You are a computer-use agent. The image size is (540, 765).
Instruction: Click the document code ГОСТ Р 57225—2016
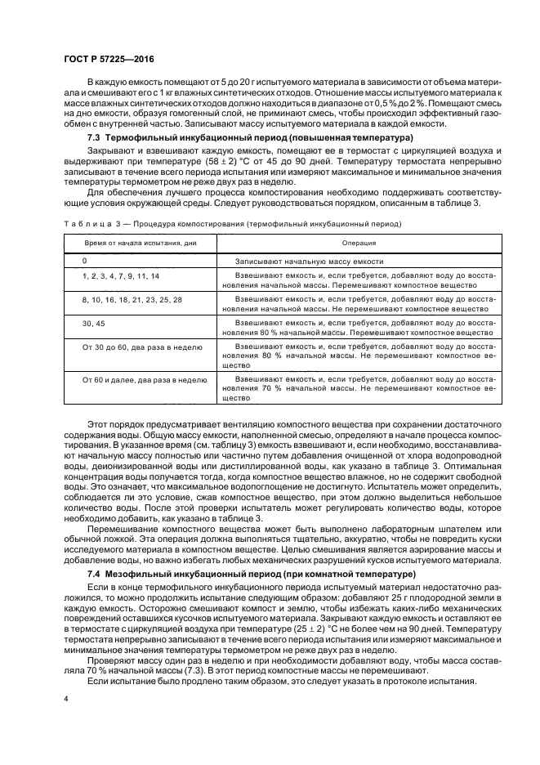pos(108,60)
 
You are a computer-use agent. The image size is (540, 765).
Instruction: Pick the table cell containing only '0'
pos(84,260)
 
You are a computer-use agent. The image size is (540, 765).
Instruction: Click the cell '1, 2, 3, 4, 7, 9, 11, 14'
pos(121,276)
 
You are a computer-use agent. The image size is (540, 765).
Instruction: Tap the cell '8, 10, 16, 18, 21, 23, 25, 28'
pos(132,300)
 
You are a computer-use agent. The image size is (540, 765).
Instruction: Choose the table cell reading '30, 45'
pos(94,324)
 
